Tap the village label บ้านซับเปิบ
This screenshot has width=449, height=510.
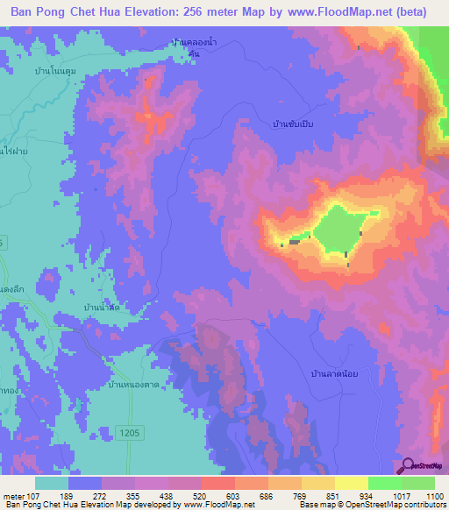(x=292, y=124)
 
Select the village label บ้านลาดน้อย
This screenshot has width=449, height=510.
(x=334, y=373)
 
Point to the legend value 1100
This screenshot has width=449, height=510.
(x=435, y=496)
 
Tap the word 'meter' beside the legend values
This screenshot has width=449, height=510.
(x=14, y=496)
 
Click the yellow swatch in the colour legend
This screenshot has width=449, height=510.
(x=352, y=483)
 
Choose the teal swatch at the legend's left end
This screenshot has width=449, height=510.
(x=52, y=483)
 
